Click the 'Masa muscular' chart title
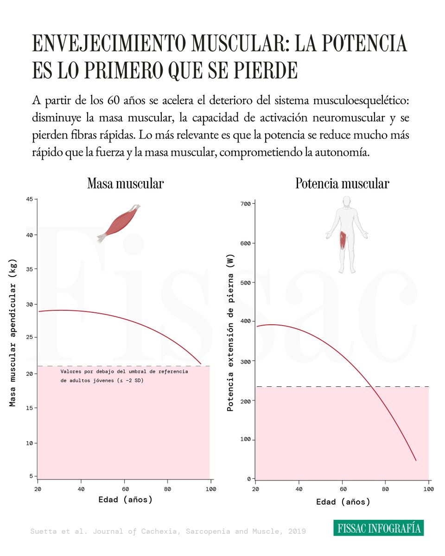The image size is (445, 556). click(126, 184)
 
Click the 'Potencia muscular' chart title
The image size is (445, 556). click(343, 184)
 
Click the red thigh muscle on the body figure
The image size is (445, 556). click(343, 240)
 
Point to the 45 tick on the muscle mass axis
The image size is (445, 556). click(29, 199)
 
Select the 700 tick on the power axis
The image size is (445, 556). click(245, 204)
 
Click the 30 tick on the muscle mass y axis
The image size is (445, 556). click(29, 304)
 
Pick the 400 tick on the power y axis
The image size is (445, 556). click(245, 321)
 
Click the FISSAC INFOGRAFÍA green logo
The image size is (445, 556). click(379, 528)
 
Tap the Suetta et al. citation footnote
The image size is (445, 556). click(168, 531)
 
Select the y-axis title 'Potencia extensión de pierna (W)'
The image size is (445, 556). click(230, 333)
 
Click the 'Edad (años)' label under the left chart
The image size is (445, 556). click(125, 499)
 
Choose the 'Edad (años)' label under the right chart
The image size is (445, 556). click(343, 502)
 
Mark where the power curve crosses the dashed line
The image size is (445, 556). click(372, 386)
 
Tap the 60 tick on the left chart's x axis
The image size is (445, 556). click(124, 489)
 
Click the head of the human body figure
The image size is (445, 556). click(346, 202)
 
